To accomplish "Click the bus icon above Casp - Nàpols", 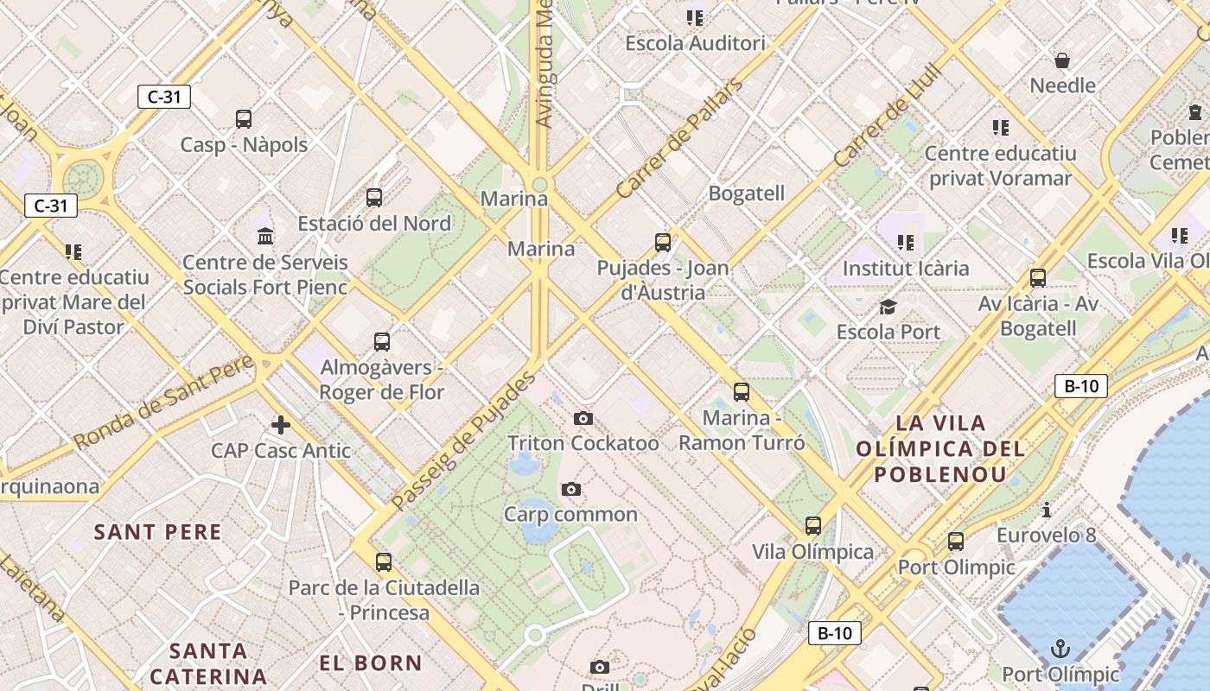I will point(244,119).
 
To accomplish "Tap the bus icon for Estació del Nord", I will point(374,198).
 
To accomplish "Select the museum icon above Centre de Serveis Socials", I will point(265,236).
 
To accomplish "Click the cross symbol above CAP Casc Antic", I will point(281,425).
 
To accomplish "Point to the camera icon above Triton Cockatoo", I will point(583,419).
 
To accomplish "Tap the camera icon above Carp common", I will point(570,490).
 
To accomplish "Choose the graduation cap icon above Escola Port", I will point(888,307).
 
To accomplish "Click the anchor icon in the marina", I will point(1060,649).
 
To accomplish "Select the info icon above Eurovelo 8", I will point(1047,510).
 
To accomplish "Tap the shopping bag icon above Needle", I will point(1062,60).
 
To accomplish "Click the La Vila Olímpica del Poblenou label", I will point(940,448).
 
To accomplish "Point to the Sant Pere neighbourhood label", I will point(158,532).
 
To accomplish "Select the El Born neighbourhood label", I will point(371,663).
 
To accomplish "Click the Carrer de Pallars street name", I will point(679,139).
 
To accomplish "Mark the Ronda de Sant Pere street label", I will point(164,402).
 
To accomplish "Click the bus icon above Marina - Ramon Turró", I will point(742,392).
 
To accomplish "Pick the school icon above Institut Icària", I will point(906,243).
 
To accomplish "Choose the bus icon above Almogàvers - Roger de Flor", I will point(382,342).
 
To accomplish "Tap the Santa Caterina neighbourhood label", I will point(208,662).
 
